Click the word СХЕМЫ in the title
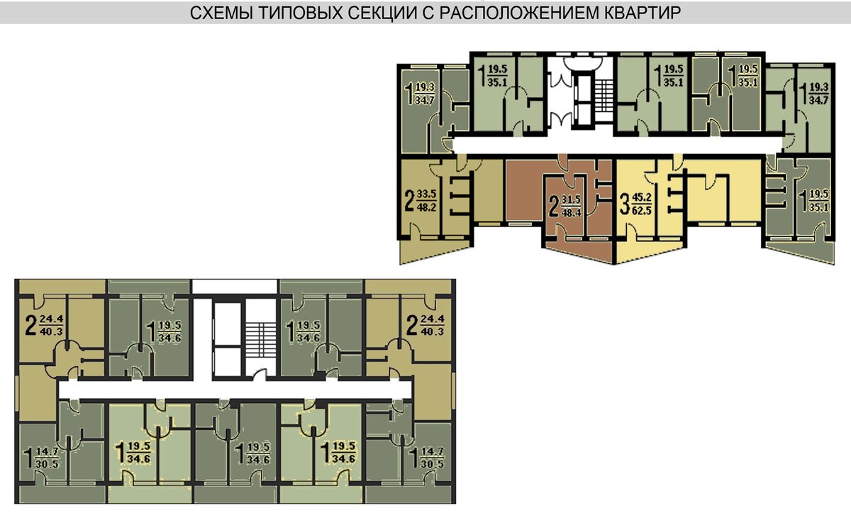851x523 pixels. pos(221,13)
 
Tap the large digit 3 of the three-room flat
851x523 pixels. pos(624,204)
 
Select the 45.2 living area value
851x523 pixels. pos(642,198)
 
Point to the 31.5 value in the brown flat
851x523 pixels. pos(571,199)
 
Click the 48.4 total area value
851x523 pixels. pos(571,212)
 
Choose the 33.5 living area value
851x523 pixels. pos(426,194)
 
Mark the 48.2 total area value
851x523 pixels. pos(426,207)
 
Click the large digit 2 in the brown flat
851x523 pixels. pos(555,207)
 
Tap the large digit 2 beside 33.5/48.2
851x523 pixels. pos(410,201)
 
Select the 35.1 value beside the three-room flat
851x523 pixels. pos(818,207)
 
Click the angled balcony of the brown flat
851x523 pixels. pos(578,252)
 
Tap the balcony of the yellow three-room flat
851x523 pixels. pos(650,252)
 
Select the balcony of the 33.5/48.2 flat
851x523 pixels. pos(435,251)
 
